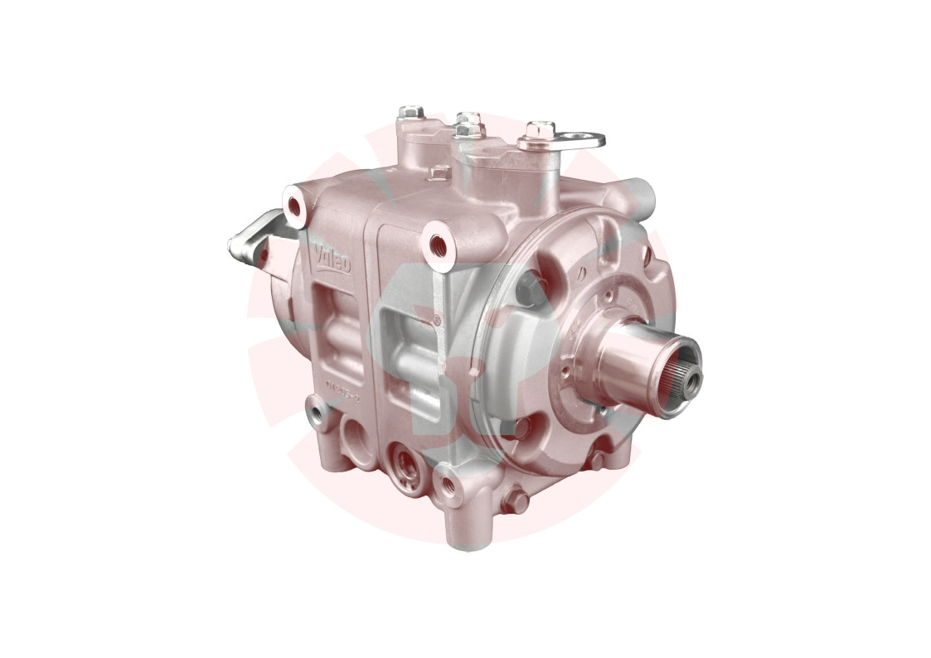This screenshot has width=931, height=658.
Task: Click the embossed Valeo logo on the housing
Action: click(332, 263)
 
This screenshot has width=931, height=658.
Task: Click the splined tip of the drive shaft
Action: click(688, 378)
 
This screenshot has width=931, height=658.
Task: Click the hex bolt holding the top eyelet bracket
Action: click(539, 130)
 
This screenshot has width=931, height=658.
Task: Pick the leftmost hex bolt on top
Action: click(410, 112)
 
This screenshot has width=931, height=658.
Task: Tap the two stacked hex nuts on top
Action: click(469, 125)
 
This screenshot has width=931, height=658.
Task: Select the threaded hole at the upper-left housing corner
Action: click(294, 202)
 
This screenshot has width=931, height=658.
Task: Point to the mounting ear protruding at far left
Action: click(249, 239)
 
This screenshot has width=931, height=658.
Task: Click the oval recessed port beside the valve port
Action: click(359, 433)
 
